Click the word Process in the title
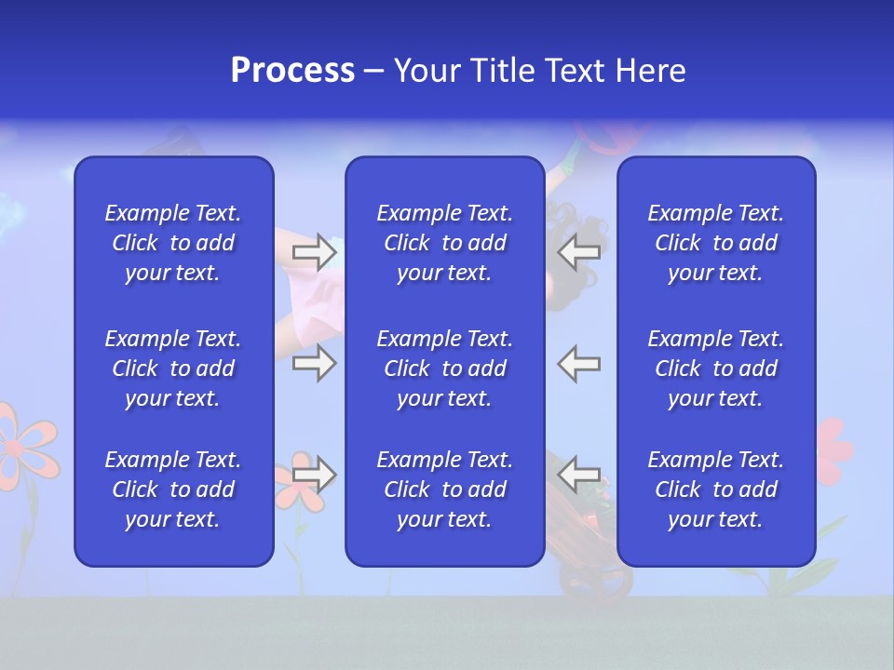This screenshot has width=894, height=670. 292,71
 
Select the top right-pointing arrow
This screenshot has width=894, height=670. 314,252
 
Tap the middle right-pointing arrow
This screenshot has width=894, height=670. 314,363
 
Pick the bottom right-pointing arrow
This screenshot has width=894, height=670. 314,475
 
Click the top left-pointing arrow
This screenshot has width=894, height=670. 578,252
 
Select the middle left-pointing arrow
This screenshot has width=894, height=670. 578,363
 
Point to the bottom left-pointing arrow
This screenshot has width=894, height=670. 578,475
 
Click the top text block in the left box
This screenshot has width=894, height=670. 173,243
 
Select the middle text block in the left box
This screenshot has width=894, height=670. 173,368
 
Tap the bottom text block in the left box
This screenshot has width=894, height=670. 173,489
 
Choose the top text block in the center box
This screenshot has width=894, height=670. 444,243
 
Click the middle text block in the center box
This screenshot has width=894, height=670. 444,368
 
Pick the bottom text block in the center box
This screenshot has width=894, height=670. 444,489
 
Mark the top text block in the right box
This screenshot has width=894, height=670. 715,243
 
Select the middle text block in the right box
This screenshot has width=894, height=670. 715,368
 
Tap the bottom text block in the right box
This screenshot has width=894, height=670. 715,489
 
